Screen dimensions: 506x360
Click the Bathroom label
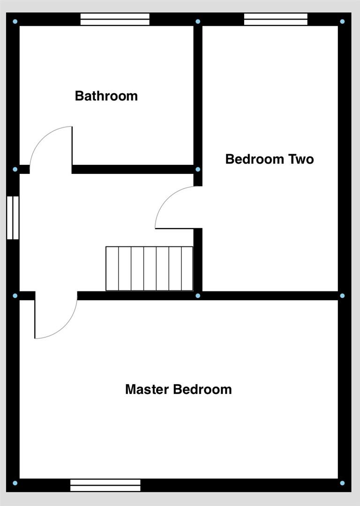106,96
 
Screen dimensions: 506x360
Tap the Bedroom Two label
269,159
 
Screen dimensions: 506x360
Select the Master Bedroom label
178,389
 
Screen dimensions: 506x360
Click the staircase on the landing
149,268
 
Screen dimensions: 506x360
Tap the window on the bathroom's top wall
115,19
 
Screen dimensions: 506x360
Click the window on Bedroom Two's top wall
276,19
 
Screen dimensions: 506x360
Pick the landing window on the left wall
13,218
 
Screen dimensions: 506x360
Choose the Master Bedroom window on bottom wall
105,485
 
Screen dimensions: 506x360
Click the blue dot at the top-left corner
15,22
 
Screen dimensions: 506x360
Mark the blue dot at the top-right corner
342,22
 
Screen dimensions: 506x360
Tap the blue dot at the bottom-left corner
15,483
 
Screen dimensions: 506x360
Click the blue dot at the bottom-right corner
342,483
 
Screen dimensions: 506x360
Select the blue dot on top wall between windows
198,22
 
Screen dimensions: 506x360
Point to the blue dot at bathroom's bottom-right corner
198,169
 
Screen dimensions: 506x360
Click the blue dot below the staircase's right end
198,296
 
